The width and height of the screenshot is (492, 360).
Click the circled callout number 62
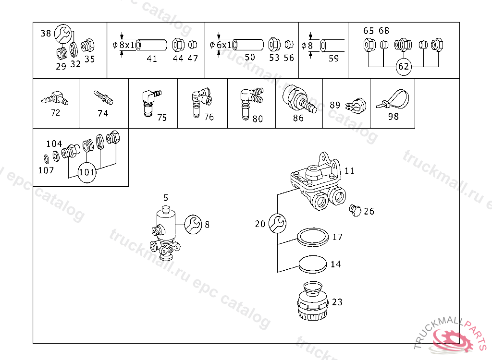403,66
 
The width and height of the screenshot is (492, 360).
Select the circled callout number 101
87,172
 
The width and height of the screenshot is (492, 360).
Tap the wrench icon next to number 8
193,225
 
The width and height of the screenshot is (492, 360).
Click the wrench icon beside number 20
277,223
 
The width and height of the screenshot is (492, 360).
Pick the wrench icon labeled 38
63,34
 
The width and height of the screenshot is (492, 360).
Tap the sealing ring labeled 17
313,237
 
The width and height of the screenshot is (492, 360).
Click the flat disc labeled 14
312,264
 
